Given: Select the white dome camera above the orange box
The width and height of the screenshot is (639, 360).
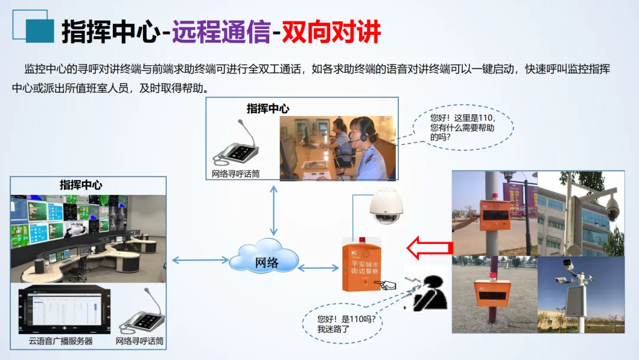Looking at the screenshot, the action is (386, 205).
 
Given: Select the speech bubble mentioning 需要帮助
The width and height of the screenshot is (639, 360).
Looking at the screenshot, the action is (461, 127).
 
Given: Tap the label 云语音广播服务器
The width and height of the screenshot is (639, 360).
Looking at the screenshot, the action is (61, 341).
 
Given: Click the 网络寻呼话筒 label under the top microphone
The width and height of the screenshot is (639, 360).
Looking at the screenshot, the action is (235, 174).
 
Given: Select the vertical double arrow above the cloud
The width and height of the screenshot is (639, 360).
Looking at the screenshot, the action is (273, 210).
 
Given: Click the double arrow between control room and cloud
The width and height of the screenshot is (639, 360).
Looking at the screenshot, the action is (200, 259).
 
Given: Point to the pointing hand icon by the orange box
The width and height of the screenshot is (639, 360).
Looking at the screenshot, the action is (388, 285).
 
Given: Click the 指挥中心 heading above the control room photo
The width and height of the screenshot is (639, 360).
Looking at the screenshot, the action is (80, 185).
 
